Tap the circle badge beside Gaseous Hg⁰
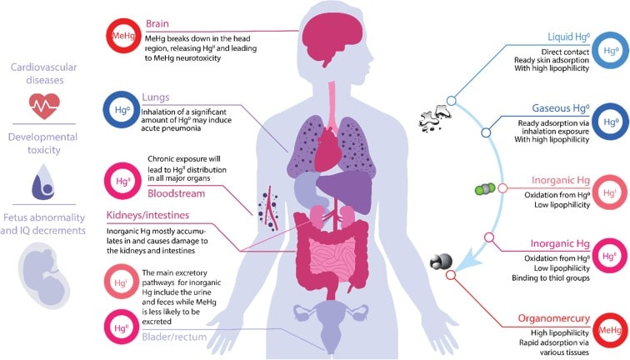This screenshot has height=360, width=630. (x=612, y=121)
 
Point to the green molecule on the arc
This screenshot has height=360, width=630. (x=481, y=189)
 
